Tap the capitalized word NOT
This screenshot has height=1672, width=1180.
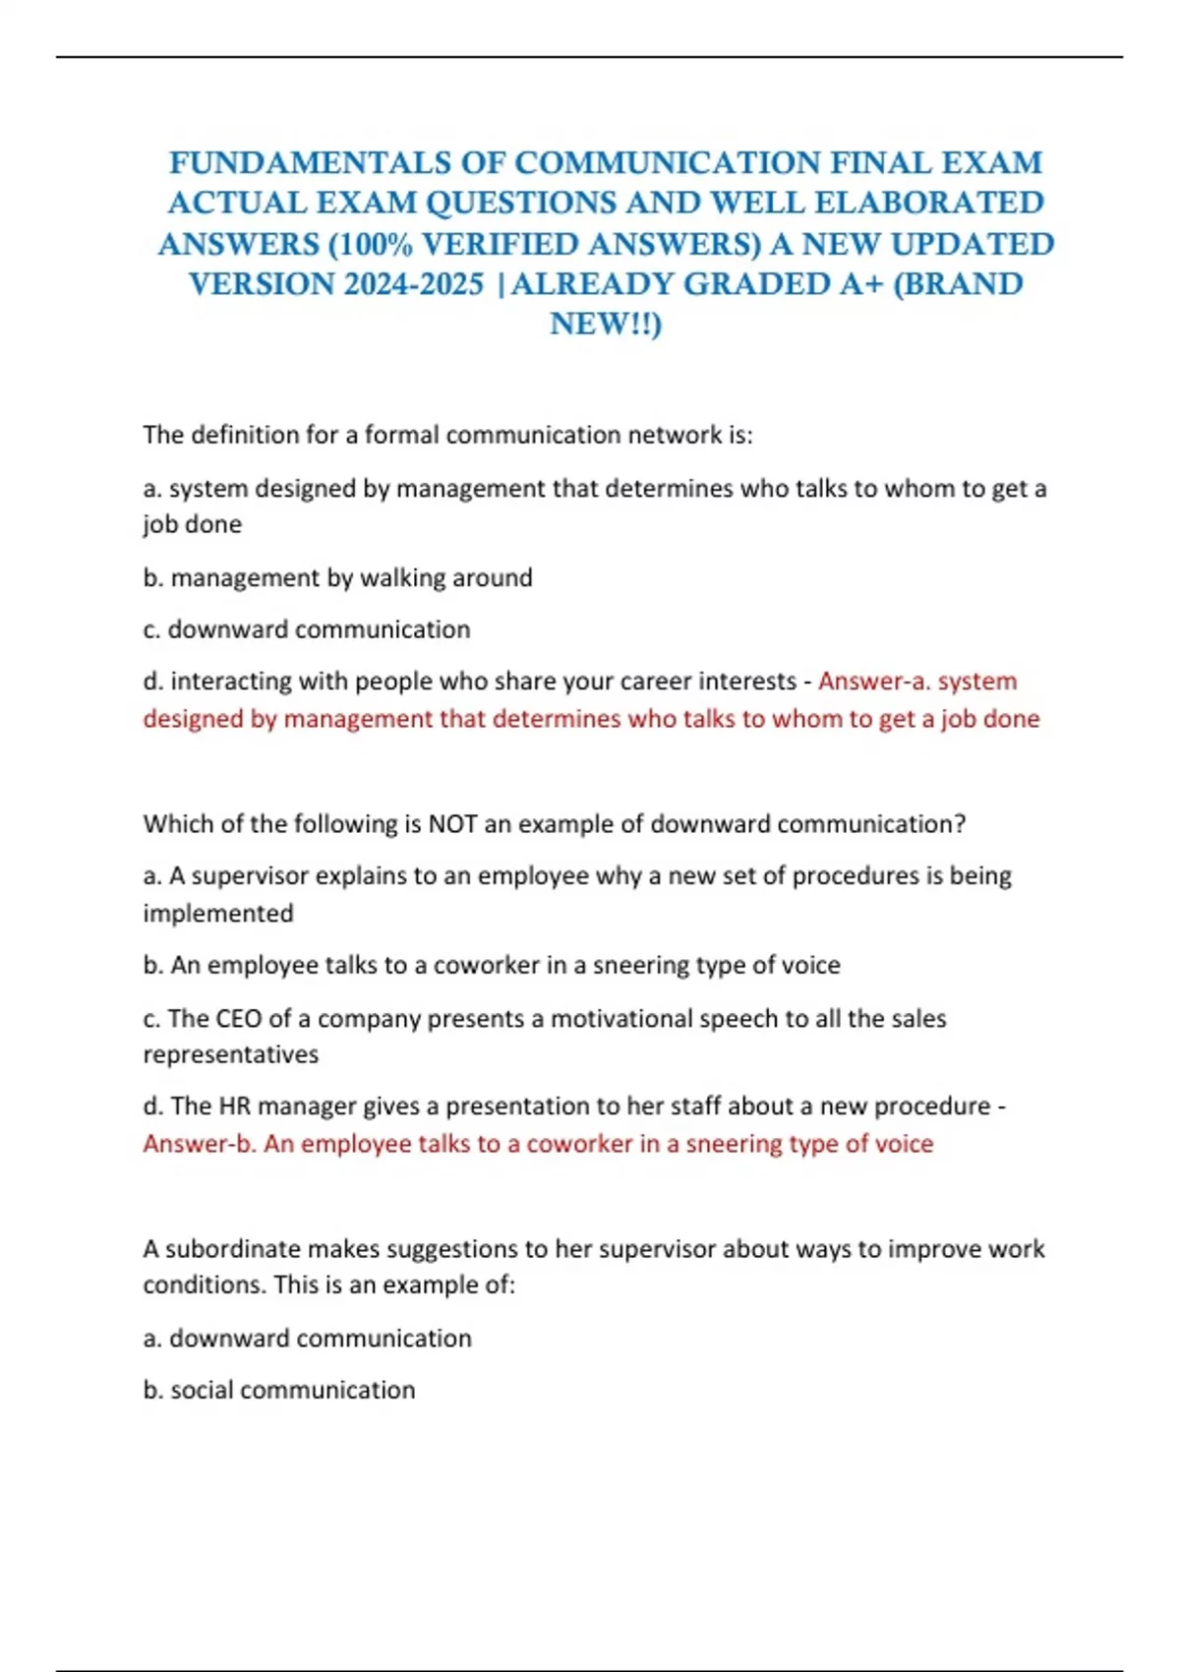click(452, 823)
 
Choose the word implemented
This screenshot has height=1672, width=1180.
click(218, 913)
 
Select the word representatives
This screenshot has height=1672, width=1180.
click(231, 1054)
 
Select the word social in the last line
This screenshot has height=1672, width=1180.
click(202, 1390)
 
